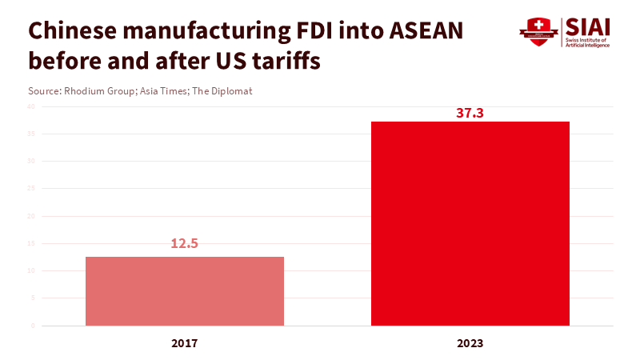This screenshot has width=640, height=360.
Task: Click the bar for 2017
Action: tap(185, 291)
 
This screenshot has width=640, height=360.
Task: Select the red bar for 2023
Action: tap(470, 224)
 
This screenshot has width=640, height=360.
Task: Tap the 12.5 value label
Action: tap(184, 243)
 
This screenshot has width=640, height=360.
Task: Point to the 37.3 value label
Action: tap(470, 113)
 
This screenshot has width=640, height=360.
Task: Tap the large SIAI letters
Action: tap(588, 26)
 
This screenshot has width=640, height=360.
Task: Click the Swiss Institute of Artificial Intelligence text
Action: tap(587, 42)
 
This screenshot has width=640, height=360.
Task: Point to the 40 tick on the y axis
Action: tap(31, 106)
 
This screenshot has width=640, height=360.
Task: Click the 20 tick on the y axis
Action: tap(31, 216)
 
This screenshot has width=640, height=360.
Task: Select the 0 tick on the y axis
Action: tap(33, 326)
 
